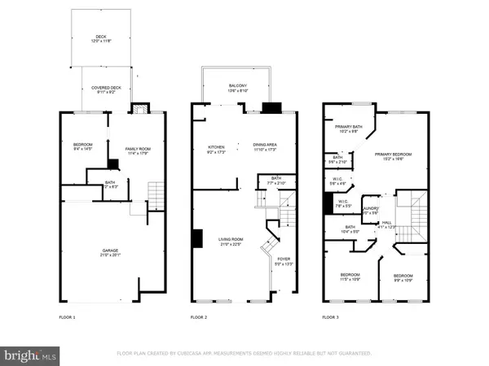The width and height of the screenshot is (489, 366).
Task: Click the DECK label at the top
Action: (100, 37)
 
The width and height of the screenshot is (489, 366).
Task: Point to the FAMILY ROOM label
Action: (137, 148)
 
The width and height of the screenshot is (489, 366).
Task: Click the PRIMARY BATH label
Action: (347, 127)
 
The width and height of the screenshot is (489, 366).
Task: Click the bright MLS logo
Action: (31, 354)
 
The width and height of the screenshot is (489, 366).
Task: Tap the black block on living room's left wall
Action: (197, 238)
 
